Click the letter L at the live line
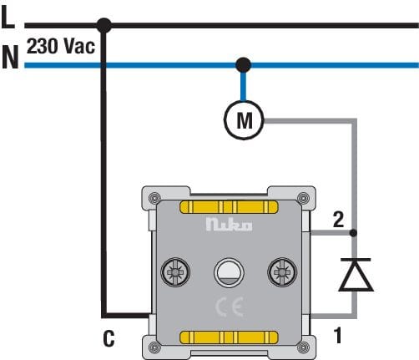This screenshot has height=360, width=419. [x=8, y=17]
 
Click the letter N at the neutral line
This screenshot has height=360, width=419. [x=10, y=57]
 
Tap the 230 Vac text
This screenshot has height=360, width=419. [x=61, y=46]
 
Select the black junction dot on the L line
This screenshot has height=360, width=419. [x=103, y=26]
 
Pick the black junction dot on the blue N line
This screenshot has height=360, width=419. [x=243, y=65]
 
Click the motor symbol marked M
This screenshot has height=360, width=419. [x=244, y=120]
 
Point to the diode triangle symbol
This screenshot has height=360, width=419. [x=356, y=275]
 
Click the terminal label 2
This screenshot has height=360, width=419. [x=338, y=220]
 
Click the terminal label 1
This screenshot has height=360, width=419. [x=338, y=335]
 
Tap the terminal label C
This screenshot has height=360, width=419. [x=109, y=338]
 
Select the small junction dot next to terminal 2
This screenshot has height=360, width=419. [x=353, y=233]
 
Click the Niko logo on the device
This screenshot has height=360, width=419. [x=229, y=225]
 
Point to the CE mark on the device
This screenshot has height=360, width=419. [x=230, y=307]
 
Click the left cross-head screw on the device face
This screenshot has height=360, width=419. [x=175, y=272]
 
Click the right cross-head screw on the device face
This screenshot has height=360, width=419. [x=282, y=272]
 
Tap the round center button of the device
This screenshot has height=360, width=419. [x=229, y=273]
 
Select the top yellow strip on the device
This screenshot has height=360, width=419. [x=229, y=207]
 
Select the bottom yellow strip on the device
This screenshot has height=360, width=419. [x=229, y=337]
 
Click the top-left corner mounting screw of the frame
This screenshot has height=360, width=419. [x=154, y=198]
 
